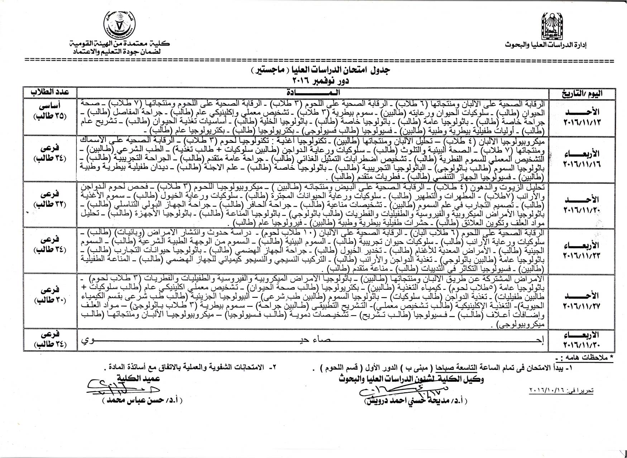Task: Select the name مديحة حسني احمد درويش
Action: point(416,400)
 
